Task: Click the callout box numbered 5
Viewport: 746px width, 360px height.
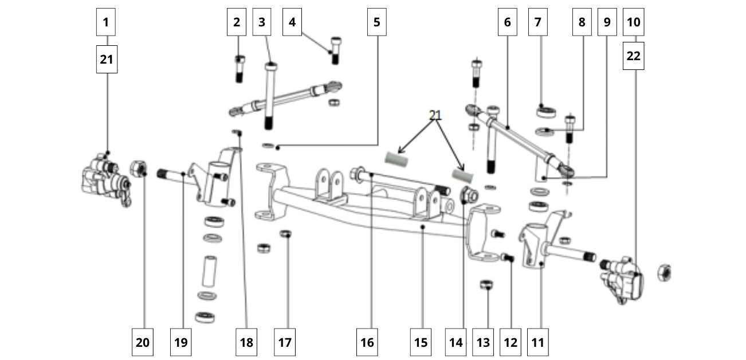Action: [376, 22]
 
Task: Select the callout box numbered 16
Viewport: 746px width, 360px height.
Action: [367, 342]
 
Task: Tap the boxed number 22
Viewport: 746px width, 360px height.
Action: [634, 56]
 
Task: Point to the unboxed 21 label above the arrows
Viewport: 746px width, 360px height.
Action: [435, 115]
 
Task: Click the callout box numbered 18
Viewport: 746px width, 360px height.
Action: [246, 342]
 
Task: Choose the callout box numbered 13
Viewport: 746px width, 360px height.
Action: [484, 342]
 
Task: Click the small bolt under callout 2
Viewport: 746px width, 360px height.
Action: [240, 69]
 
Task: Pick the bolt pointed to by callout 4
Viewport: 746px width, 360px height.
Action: [336, 50]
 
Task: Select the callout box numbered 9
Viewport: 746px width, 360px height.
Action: [607, 22]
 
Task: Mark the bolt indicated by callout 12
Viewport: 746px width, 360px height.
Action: [507, 257]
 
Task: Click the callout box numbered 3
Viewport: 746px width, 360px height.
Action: [262, 22]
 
